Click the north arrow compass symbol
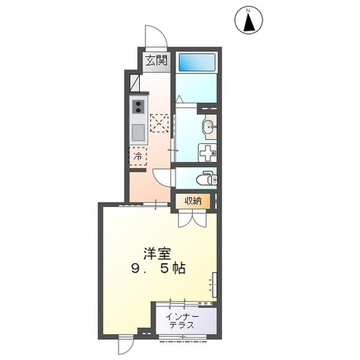(x=249, y=21)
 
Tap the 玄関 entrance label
(x=156, y=60)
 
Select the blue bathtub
(x=197, y=62)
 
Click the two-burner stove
(x=138, y=107)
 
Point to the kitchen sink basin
(x=138, y=132)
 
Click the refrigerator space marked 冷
(x=138, y=156)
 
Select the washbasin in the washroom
(x=209, y=127)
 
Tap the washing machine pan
(x=208, y=152)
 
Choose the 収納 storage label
(x=193, y=201)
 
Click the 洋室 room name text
(x=156, y=253)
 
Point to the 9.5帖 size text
(x=158, y=267)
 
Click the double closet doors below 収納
(x=192, y=218)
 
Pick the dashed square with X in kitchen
(x=159, y=123)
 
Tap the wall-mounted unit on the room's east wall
(x=214, y=286)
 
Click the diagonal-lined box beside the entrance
(x=135, y=84)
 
